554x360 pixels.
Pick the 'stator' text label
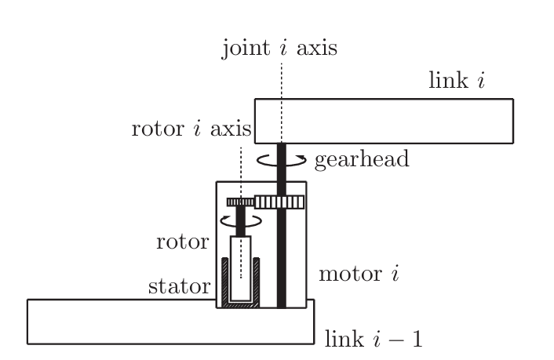pos(180,286)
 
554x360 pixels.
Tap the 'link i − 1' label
pos(373,340)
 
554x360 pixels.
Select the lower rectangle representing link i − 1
pos(118,322)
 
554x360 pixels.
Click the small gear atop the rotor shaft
pos(240,202)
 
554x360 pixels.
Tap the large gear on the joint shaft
pos(279,202)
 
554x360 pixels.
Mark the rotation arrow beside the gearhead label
pos(282,160)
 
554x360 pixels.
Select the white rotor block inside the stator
pos(240,263)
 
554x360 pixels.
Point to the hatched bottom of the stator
pos(240,303)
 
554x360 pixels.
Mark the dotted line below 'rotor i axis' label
pos(240,169)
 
